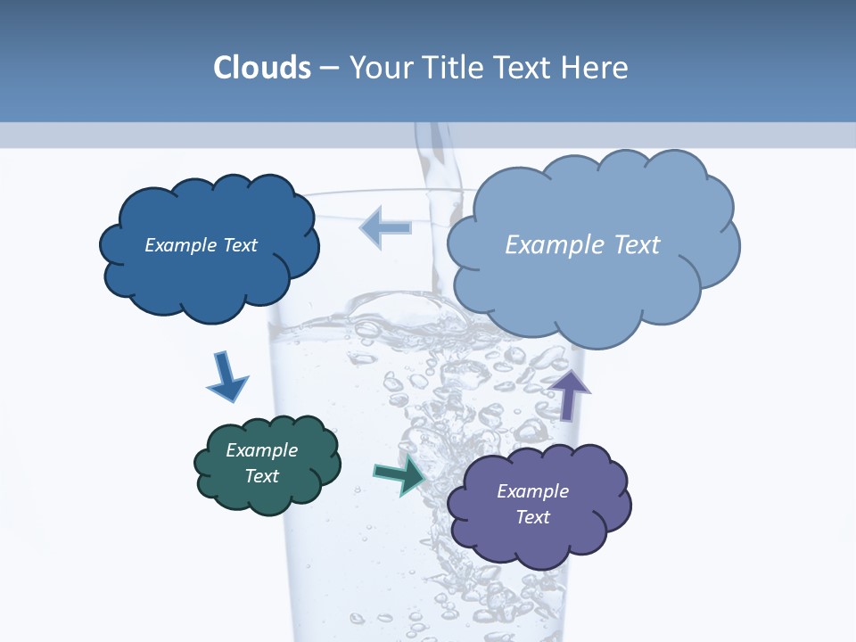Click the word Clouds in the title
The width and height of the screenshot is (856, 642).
pos(262,68)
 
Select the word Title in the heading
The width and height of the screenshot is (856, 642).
pos(457,68)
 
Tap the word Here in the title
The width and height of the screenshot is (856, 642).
pos(596,68)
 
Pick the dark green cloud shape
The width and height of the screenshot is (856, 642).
pos(267,495)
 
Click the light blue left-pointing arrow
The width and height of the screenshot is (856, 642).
pos(385,226)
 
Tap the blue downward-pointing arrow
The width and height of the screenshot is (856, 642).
pos(226,377)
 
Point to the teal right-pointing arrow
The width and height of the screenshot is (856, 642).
pos(399,474)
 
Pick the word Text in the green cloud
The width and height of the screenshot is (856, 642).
pos(262,476)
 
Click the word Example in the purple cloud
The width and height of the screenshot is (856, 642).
pos(532,491)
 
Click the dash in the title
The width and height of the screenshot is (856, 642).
pos(329,68)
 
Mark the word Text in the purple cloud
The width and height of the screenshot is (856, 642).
pos(533,517)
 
